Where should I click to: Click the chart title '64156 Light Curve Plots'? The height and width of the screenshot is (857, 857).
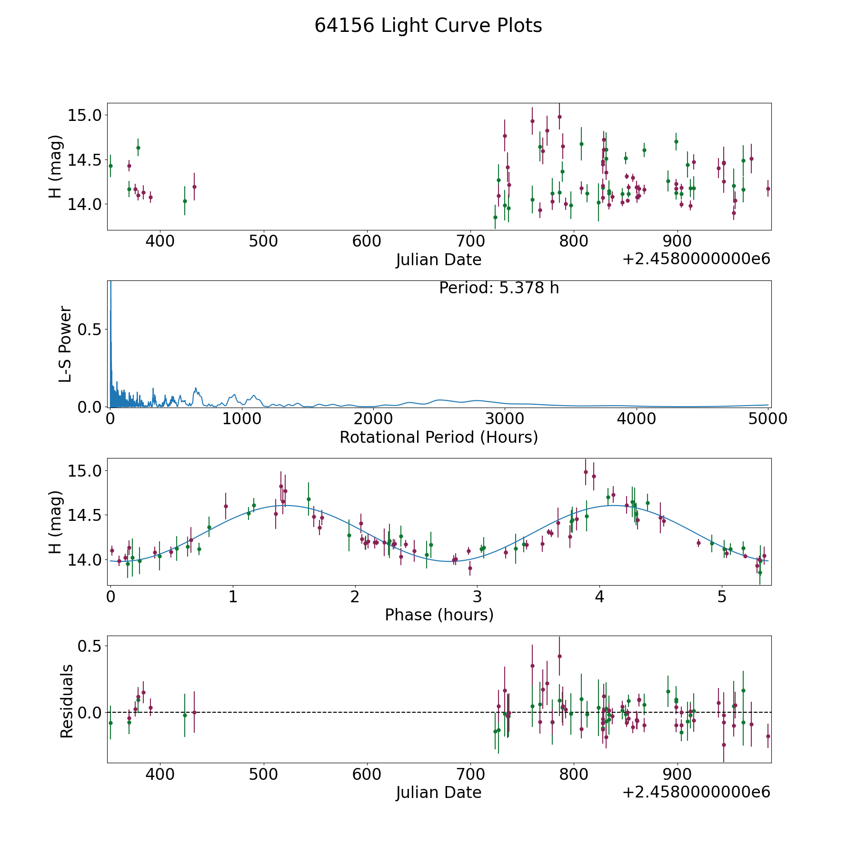428,26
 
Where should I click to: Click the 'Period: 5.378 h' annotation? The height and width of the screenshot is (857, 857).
498,288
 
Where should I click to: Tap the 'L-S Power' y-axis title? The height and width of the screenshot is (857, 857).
66,344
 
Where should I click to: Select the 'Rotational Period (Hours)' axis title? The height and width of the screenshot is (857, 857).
438,437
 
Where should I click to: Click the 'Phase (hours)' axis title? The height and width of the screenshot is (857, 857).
439,615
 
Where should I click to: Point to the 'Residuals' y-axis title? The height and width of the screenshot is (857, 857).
67,701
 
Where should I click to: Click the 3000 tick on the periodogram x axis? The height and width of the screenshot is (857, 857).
505,419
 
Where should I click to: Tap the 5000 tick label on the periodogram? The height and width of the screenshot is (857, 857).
767,419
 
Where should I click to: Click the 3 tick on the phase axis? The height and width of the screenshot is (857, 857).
477,597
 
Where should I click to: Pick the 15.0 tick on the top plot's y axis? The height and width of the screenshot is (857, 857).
85,115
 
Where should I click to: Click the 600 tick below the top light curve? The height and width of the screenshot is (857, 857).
367,241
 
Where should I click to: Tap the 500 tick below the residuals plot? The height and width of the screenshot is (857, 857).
263,774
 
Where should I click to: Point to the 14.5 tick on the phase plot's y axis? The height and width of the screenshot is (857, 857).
85,515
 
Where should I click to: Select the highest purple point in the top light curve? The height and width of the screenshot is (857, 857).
559,117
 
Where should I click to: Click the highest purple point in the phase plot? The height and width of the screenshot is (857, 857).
586,472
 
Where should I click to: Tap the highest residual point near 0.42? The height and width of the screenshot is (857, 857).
559,656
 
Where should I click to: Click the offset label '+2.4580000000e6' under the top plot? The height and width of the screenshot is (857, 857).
696,259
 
